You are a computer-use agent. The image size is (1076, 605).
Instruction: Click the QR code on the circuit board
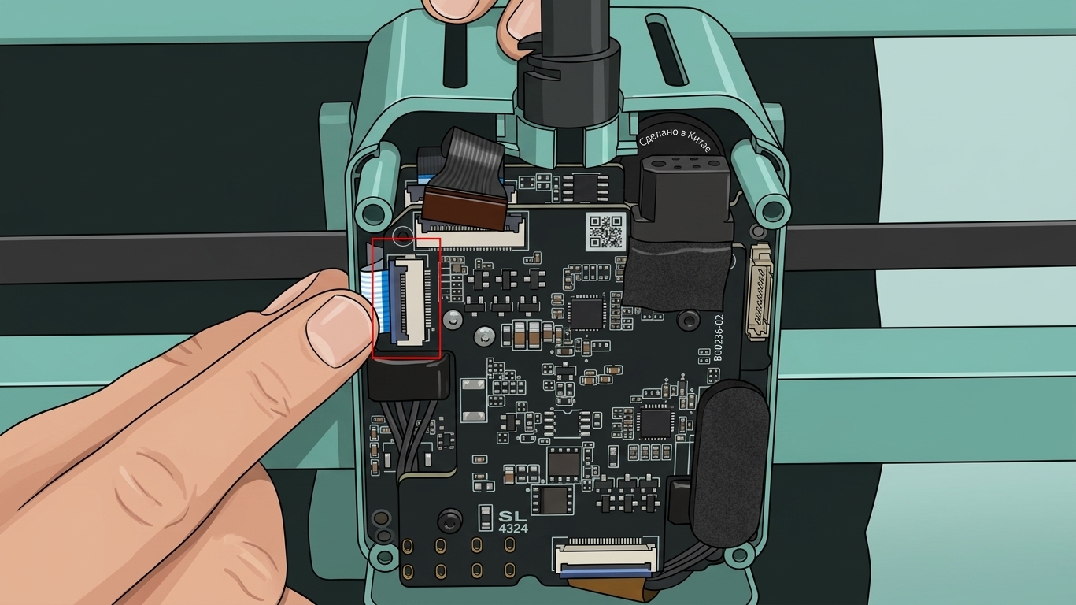pos(606,232)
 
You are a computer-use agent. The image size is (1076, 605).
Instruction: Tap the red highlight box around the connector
pos(373,299)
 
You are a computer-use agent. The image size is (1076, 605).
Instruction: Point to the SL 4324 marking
pos(513,521)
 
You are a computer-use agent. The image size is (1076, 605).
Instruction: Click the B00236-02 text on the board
pos(718,338)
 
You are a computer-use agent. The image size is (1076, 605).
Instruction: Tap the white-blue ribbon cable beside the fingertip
pos(372,301)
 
